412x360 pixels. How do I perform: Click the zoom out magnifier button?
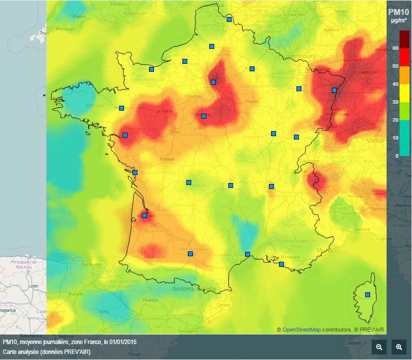[x=379, y=347]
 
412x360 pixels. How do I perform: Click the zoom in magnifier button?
[x=399, y=347]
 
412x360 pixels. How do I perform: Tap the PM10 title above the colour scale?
[x=398, y=12]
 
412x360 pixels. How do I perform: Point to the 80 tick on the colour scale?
[x=396, y=48]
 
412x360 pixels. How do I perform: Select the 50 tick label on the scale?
[x=396, y=66]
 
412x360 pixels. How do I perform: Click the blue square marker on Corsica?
[x=368, y=295]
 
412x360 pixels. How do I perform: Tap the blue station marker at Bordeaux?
[x=144, y=215]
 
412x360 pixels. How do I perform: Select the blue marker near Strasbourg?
[x=334, y=90]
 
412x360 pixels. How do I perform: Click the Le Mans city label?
[x=164, y=111]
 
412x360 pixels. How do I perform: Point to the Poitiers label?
[x=167, y=159]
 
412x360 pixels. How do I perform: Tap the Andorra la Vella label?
[x=194, y=289]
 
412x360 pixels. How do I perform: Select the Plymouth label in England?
[x=65, y=29]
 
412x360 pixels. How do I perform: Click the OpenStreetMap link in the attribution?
[x=301, y=330]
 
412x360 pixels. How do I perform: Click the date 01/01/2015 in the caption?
[x=123, y=342]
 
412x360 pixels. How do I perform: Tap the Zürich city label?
[x=353, y=133]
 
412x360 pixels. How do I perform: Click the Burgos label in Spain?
[x=76, y=294]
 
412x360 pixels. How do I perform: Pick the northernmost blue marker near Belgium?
[x=229, y=19]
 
